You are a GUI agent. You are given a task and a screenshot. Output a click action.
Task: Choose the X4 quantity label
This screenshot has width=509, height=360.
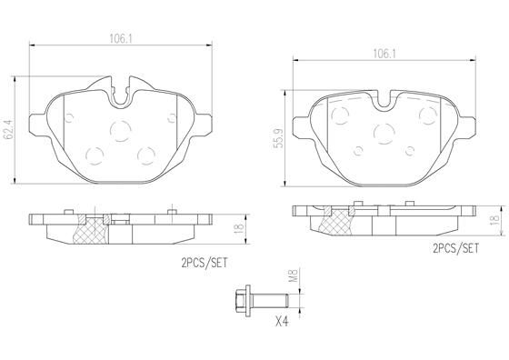tap(281, 323)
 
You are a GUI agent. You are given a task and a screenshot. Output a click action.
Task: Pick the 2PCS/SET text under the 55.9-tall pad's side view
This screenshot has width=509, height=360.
tap(455, 248)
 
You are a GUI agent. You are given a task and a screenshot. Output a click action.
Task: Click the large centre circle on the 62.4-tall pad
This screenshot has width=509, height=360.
tap(119, 131)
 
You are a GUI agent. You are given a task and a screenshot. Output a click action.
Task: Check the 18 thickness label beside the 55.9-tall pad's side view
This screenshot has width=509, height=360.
tap(494, 220)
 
